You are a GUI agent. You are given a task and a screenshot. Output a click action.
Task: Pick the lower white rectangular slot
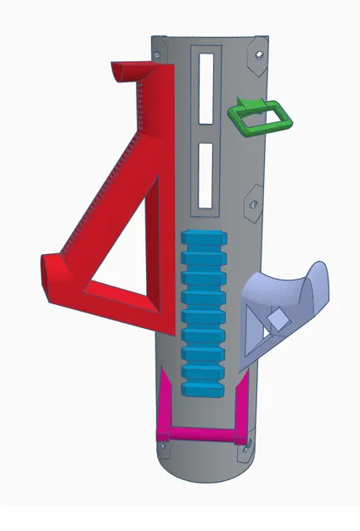coord(206,175)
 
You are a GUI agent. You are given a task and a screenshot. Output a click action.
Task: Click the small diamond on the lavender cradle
coord(277,320)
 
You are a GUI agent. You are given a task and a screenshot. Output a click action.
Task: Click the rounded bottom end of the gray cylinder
coord(204,472)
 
